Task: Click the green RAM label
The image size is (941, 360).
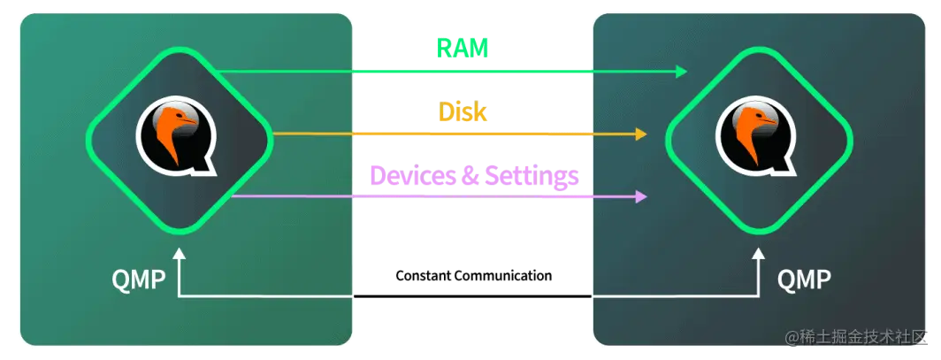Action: click(462, 48)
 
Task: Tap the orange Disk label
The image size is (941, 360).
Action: click(463, 112)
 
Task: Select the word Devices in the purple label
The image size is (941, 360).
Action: click(410, 176)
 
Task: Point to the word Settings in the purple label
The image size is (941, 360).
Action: click(529, 176)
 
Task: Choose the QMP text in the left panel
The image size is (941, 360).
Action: click(139, 280)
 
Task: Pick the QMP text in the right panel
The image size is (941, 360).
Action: click(804, 280)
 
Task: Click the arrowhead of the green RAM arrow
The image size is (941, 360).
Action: click(682, 71)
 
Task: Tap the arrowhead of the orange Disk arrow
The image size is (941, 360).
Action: click(641, 134)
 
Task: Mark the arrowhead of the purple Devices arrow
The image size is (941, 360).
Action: click(641, 196)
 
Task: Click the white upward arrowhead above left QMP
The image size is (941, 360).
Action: click(180, 255)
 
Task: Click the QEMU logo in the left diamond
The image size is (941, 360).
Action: click(176, 135)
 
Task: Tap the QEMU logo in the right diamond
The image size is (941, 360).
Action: click(756, 135)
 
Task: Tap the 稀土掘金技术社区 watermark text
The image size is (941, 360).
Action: click(853, 338)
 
